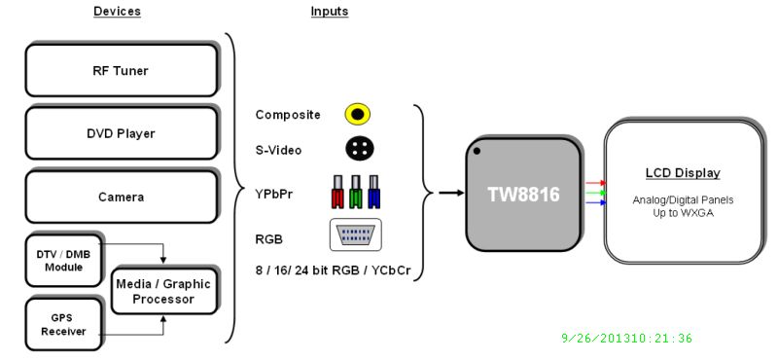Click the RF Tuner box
coord(120,70)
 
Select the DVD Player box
coord(120,133)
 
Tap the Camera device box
coord(120,197)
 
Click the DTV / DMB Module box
coord(62,260)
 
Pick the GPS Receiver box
coord(62,324)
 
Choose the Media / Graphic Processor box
coord(162,290)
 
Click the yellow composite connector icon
coord(358,115)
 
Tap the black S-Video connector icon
coord(358,149)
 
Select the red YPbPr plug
coord(337,193)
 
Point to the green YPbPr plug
coord(357,193)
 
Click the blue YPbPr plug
coord(375,193)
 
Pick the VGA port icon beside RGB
coord(355,234)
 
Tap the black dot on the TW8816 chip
coord(477,151)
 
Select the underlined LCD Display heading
coord(683,173)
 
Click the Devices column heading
coord(117,12)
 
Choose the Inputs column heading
coord(330,12)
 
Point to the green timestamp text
coord(626,339)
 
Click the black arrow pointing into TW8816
coord(449,193)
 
